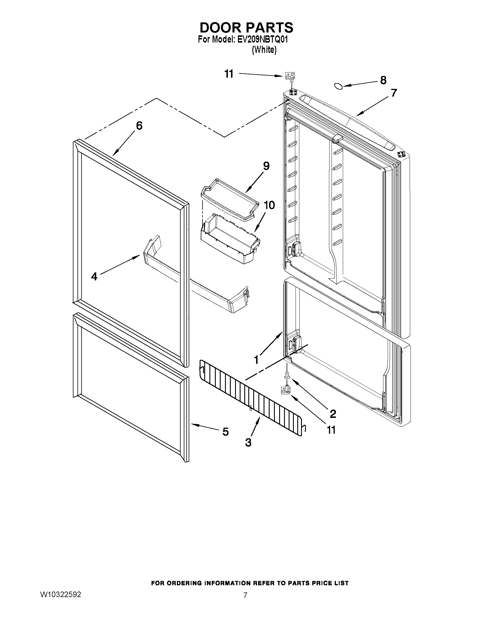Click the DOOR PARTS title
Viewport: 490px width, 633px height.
click(246, 28)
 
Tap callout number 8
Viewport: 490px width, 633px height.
click(383, 80)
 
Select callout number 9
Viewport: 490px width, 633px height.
click(266, 166)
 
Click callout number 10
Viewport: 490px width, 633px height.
click(269, 205)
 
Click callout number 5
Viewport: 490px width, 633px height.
click(225, 432)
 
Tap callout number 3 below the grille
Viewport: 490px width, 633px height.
click(248, 443)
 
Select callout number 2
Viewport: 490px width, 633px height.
click(333, 414)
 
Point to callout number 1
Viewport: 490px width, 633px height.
click(256, 360)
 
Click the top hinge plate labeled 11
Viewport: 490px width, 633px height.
click(290, 76)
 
